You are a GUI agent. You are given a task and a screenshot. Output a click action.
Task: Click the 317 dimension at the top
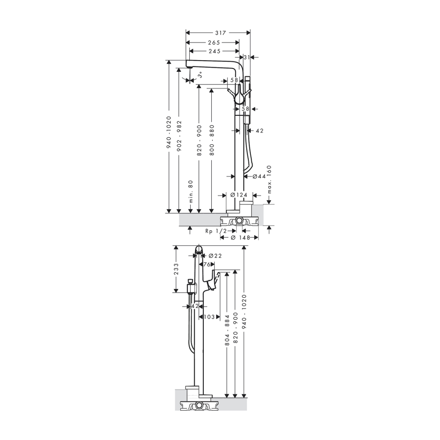220,33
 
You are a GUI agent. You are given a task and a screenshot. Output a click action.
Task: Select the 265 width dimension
214,42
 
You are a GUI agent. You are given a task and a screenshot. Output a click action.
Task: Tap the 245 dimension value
214,51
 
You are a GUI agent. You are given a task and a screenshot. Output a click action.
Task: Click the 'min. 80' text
191,191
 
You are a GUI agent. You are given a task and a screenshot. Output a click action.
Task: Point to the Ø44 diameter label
259,176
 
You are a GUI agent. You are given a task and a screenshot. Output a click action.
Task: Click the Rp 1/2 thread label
216,231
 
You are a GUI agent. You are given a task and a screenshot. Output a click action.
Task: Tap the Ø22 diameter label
215,255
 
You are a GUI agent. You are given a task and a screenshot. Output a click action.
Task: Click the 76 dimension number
207,264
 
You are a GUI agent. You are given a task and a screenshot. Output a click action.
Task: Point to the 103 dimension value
209,317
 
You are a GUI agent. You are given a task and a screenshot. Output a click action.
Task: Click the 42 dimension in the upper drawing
260,131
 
